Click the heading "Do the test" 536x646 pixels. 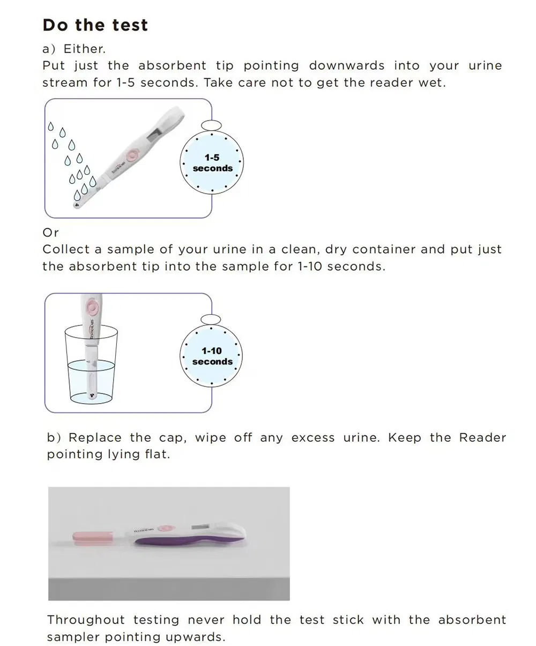coord(95,25)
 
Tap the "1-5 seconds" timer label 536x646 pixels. coord(212,163)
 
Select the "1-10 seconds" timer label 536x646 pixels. coord(212,356)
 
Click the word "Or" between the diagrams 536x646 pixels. coord(50,233)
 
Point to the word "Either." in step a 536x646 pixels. coord(84,49)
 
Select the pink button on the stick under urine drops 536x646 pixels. coord(131,155)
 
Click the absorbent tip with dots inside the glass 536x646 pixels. coord(92,396)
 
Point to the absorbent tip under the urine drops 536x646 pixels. coord(77,204)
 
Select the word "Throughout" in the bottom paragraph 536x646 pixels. coord(86,620)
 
